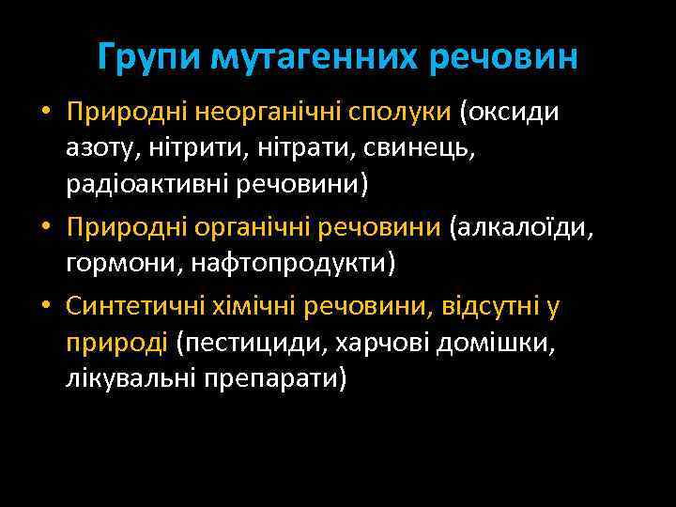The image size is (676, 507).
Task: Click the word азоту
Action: [x=97, y=148]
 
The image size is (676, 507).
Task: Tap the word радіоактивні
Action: [x=140, y=184]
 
